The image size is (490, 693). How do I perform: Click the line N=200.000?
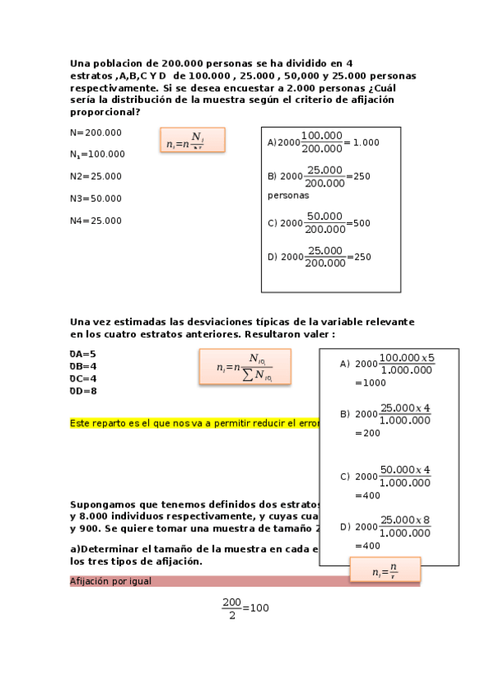96,132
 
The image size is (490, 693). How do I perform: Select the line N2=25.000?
96,176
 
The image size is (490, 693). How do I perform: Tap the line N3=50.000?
96,198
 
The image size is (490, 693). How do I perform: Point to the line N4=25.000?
96,220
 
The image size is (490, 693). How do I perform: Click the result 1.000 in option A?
366,142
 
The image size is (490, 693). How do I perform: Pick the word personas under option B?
289,196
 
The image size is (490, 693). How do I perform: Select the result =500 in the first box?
358,222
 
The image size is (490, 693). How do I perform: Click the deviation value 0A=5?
83,354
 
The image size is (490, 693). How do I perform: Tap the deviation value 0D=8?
83,391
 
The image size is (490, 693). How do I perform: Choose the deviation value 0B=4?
83,366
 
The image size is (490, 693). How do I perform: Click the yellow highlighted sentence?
194,423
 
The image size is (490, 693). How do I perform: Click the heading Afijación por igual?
110,581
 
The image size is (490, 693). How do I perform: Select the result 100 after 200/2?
259,608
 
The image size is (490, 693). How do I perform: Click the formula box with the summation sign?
245,369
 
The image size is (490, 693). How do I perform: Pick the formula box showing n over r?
384,570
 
